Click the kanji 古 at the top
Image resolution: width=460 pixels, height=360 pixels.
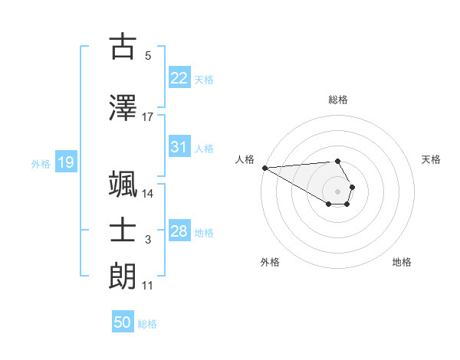point(123,47)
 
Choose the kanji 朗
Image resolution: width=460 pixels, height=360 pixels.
point(123,276)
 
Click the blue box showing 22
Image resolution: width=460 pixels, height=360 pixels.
point(179,78)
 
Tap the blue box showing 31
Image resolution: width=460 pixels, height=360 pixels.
point(179,147)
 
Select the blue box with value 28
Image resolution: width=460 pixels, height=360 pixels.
point(179,231)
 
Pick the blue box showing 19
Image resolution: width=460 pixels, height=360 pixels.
point(65,162)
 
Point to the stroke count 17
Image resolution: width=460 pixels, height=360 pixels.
point(148,117)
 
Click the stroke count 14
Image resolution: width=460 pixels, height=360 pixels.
point(148,193)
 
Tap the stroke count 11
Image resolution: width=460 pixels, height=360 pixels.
point(148,286)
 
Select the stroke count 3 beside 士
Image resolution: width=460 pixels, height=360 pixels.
point(148,241)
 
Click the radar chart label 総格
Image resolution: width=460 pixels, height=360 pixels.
point(338,100)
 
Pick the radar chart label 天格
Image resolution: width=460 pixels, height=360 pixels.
point(432,159)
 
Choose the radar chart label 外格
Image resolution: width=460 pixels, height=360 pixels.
point(270,262)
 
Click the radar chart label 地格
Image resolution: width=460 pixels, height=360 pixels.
point(402,262)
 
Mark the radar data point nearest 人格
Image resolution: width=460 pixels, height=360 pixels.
point(264,168)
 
